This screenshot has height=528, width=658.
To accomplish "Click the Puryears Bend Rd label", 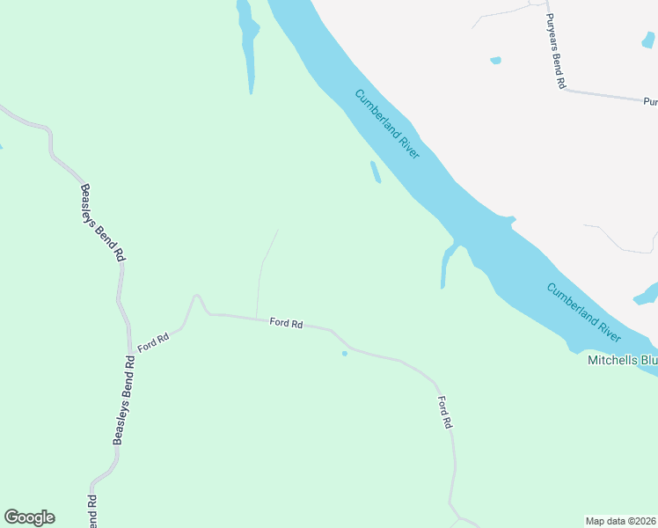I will [x=555, y=50].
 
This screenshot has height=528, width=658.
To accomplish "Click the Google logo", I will [x=29, y=517].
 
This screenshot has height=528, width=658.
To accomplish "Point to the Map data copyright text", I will [x=621, y=521].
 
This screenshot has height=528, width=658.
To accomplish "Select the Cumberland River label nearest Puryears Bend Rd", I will [x=388, y=124].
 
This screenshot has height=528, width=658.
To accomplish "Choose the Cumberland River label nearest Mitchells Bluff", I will [x=583, y=312].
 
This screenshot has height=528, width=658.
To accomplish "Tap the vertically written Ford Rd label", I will [x=445, y=412].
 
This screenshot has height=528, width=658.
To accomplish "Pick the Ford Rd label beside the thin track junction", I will [x=286, y=323].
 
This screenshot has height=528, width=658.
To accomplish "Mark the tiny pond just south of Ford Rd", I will [x=344, y=354].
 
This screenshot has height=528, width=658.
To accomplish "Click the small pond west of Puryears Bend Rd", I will [x=495, y=61].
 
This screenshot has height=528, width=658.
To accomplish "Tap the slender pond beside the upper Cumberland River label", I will [x=376, y=172].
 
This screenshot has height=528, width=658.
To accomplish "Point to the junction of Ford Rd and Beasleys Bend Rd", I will [x=130, y=348].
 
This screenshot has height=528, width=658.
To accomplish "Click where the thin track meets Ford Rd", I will [x=256, y=318].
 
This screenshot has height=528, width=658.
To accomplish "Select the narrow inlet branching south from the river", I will [x=444, y=267].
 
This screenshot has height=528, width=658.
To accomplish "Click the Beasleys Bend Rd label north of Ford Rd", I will [x=100, y=222].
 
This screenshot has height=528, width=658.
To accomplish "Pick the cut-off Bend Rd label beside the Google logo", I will [x=91, y=511].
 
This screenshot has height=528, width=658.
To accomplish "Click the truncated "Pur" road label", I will [x=649, y=101].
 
